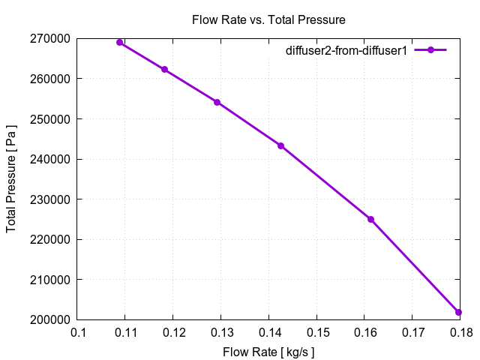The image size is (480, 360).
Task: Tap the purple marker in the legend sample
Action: (430, 50)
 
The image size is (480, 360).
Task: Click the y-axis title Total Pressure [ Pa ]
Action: (12, 179)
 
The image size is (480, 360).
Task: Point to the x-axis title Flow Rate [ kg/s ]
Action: (268, 351)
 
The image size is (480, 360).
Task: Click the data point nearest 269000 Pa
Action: (120, 42)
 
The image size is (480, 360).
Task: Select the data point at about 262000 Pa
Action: (164, 70)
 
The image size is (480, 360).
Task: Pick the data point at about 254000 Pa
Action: (217, 102)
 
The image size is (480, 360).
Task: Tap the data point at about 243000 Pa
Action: (280, 145)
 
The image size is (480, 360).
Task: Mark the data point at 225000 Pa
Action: (370, 219)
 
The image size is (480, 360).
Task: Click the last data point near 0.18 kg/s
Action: (458, 312)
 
